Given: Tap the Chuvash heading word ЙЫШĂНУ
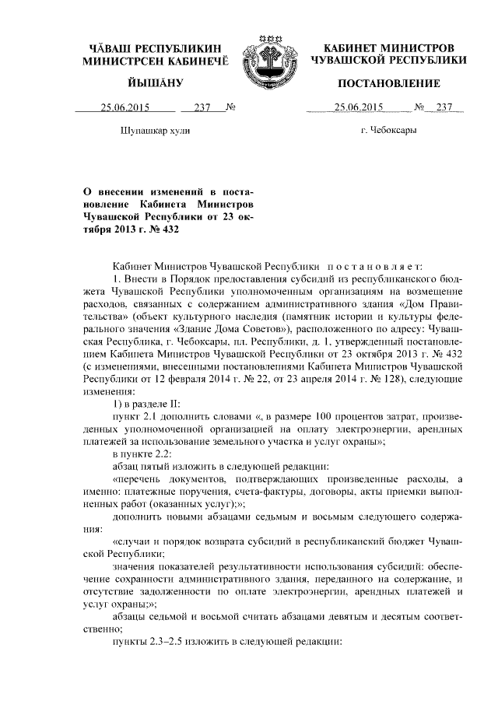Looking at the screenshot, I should (x=156, y=83).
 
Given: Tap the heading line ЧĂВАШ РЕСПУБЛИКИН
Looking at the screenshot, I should (x=156, y=47).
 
